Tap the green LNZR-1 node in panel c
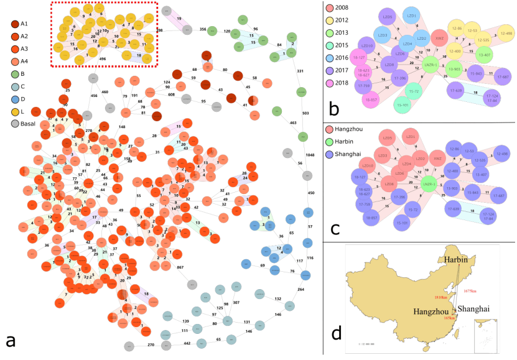click(427, 184)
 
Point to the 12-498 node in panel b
click(505, 34)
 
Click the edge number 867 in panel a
click(180, 267)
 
